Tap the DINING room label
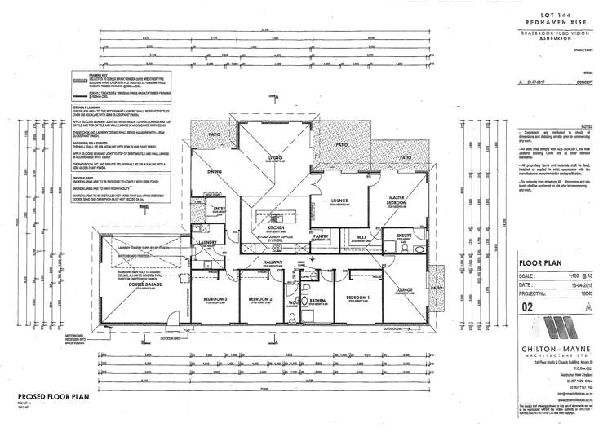[x=214, y=172]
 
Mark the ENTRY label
[x=219, y=209]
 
